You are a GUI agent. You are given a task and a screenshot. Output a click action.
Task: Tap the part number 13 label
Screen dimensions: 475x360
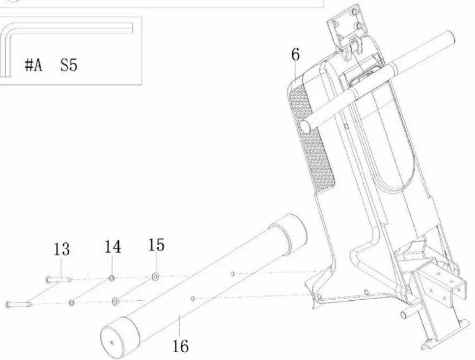(61, 250)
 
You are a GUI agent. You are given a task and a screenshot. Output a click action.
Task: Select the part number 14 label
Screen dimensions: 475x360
(113, 246)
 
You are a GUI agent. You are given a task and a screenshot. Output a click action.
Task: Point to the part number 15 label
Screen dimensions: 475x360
(156, 245)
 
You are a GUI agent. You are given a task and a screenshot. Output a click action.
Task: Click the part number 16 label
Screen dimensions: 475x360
(180, 346)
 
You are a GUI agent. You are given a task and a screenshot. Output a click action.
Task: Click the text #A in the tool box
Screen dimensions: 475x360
(33, 65)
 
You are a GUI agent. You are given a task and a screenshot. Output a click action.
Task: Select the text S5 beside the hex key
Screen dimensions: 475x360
(69, 65)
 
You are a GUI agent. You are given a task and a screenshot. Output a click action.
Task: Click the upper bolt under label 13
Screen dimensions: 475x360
(59, 280)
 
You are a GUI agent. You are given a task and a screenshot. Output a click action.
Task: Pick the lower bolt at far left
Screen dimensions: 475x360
(18, 304)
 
